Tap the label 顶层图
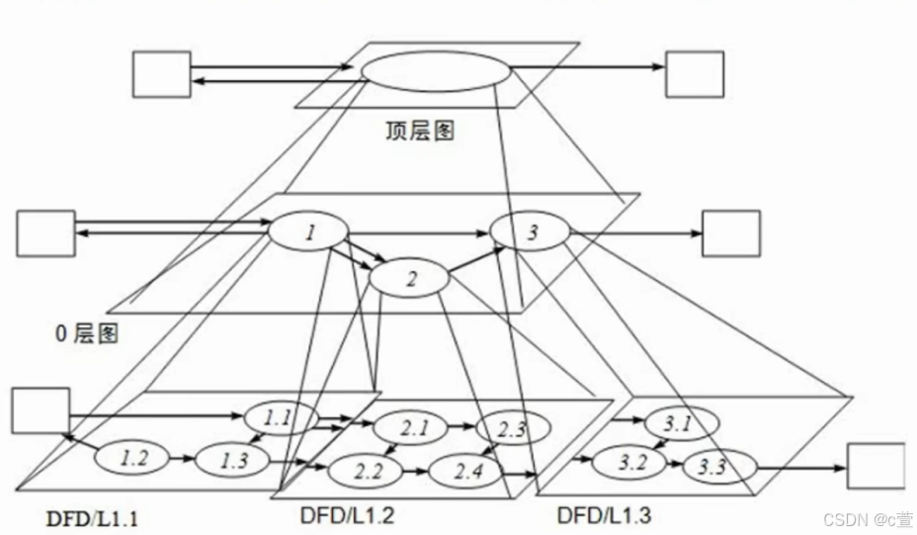(x=420, y=131)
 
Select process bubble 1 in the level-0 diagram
(x=308, y=233)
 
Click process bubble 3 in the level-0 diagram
(x=532, y=233)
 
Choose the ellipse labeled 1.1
(x=279, y=417)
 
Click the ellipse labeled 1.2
(x=134, y=458)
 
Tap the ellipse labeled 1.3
(x=234, y=458)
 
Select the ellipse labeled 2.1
(x=409, y=428)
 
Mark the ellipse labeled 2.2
(x=367, y=471)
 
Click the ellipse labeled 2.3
(x=512, y=428)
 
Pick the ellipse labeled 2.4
(x=467, y=471)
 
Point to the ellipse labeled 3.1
(x=677, y=424)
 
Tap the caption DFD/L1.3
(x=605, y=514)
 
